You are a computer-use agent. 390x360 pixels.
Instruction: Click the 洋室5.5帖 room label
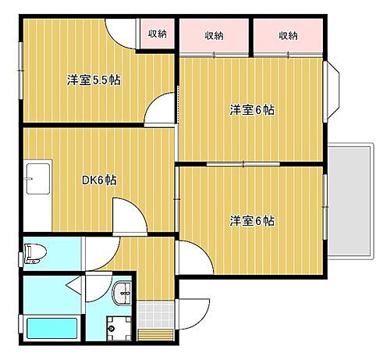93,80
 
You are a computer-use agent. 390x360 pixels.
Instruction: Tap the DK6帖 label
100,180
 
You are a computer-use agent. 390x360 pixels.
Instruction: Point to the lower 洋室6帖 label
251,220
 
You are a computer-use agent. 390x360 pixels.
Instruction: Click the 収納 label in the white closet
158,34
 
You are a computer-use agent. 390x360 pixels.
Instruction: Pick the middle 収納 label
215,35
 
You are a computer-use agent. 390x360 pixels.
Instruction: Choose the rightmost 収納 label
287,35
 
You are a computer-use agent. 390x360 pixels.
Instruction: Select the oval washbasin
122,294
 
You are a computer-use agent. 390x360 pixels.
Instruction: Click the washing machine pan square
114,329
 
